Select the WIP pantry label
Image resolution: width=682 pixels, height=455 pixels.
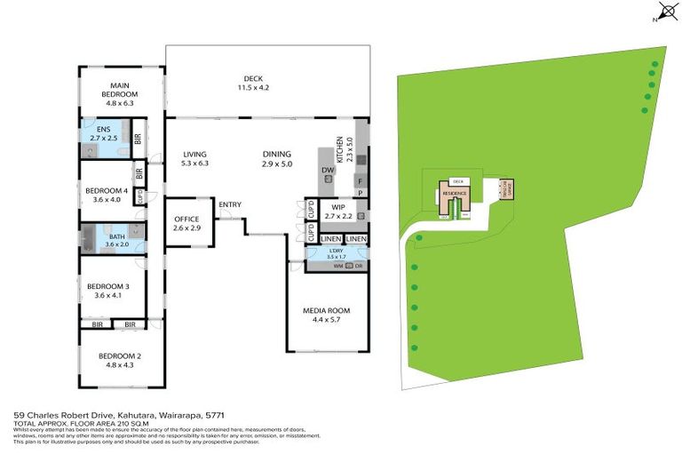click(337, 211)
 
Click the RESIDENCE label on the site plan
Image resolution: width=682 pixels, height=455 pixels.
click(456, 192)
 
